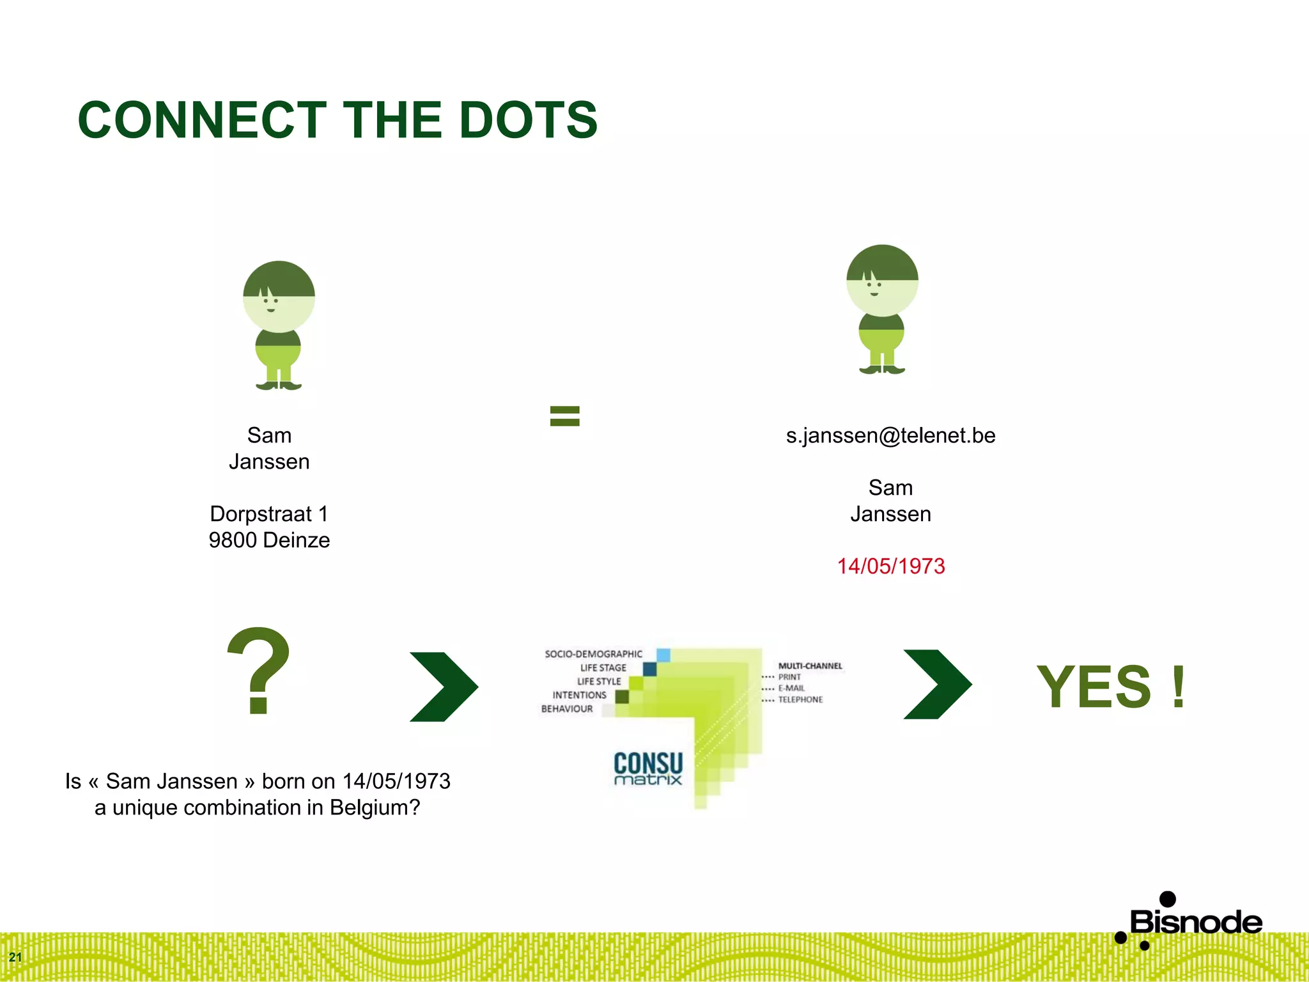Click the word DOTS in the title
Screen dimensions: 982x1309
[x=528, y=120]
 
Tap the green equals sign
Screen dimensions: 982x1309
[x=564, y=416]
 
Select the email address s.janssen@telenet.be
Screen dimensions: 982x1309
[x=890, y=435]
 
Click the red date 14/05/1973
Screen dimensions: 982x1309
[x=890, y=566]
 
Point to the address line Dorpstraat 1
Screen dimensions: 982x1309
[x=269, y=514]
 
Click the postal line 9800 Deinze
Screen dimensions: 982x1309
[x=269, y=540]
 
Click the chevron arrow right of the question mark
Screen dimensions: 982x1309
[x=444, y=687]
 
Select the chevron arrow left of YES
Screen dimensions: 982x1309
[x=937, y=684]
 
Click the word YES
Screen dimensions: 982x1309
[x=1094, y=687]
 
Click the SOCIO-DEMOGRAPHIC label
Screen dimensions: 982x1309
[x=593, y=654]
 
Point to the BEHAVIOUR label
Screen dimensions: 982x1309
[x=567, y=709]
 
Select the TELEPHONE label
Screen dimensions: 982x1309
[x=800, y=700]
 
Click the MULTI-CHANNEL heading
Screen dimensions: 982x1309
[x=810, y=666]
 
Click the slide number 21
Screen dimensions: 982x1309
[x=15, y=957]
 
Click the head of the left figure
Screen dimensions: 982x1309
[x=279, y=296]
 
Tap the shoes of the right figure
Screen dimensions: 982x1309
[x=882, y=370]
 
